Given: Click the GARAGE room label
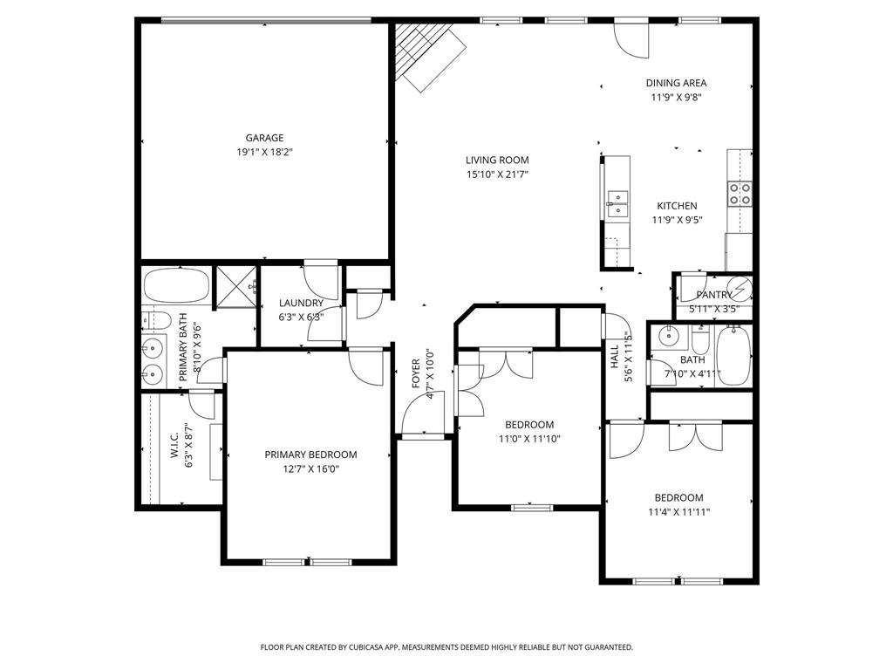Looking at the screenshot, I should [x=263, y=138].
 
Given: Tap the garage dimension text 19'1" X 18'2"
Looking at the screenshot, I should [x=263, y=152].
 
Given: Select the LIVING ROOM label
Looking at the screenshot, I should [x=497, y=161].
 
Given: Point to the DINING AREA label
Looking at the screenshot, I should [x=676, y=84].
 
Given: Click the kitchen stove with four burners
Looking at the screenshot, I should [x=740, y=193].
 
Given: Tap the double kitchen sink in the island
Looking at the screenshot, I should [x=617, y=203].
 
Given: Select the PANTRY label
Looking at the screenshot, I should [x=713, y=295].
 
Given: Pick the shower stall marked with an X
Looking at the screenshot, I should [x=234, y=286].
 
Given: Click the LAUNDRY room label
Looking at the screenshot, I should [x=301, y=304].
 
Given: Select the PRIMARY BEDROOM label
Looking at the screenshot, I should [x=310, y=455].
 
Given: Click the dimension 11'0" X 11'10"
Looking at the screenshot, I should [x=528, y=439].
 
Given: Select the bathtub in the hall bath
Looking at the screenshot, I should [x=733, y=356].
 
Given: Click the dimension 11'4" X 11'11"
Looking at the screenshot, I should [x=678, y=512].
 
